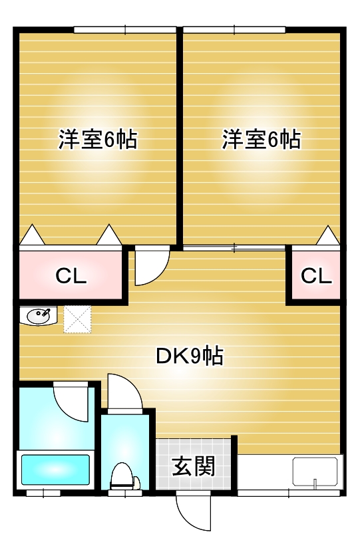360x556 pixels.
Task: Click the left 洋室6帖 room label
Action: [98, 140]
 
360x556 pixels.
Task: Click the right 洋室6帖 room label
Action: [262, 140]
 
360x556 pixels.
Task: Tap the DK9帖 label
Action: [190, 356]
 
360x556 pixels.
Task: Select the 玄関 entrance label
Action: [194, 466]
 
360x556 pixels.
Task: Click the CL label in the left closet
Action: [71, 275]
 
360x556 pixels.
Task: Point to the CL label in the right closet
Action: [316, 275]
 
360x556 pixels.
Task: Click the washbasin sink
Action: [39, 316]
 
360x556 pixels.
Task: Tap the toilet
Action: [122, 476]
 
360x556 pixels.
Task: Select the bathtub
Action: [55, 470]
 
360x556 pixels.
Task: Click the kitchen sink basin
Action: [315, 472]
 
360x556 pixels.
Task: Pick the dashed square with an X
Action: [77, 319]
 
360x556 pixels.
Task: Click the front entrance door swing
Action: [194, 511]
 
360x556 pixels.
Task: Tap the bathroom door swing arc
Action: [71, 402]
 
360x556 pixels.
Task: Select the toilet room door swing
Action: [125, 392]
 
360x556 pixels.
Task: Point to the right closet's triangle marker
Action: [327, 235]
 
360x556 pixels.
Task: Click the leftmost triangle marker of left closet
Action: [33, 234]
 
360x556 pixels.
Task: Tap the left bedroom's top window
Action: [125, 30]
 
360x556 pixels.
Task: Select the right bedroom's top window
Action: [234, 30]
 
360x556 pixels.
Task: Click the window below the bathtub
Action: [43, 493]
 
